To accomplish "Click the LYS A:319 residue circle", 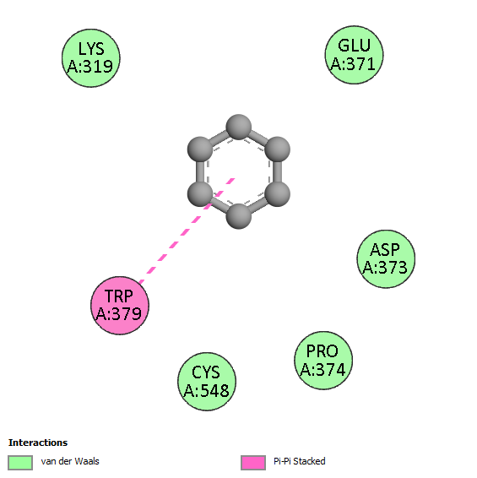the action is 91,58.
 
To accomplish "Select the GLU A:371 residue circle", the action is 354,55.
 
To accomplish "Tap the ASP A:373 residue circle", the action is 386,258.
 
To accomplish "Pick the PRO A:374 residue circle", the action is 323,361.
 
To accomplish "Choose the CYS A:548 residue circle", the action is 207,382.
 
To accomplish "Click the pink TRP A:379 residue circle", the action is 120,306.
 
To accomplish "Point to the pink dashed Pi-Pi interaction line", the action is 187,231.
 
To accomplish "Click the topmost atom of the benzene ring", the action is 239,128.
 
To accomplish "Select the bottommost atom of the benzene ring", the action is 239,216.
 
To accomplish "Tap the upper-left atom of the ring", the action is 200,149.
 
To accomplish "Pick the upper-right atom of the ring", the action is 278,149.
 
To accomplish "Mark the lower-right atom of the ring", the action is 278,194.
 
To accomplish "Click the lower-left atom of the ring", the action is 200,194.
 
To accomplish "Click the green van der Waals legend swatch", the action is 20,463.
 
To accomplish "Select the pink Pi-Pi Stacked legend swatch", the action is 253,463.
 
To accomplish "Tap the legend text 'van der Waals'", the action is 70,461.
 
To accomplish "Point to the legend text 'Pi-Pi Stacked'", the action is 300,461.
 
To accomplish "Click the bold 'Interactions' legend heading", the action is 38,443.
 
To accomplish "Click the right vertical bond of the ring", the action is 278,171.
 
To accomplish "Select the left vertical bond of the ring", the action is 200,171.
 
